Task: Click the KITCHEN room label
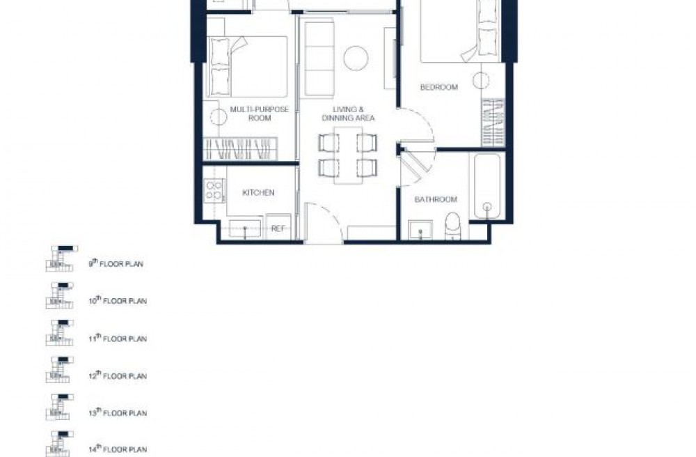click(x=258, y=193)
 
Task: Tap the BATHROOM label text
click(x=436, y=199)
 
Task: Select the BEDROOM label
click(x=438, y=87)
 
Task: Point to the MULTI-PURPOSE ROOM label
click(x=259, y=114)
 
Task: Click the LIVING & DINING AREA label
click(x=349, y=114)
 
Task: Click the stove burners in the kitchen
click(x=214, y=190)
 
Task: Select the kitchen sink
click(x=244, y=228)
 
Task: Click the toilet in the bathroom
click(x=452, y=226)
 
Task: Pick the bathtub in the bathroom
click(x=487, y=186)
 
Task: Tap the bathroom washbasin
click(x=420, y=230)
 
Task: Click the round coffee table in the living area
click(x=356, y=59)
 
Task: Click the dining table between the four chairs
click(x=348, y=155)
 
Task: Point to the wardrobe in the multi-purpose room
click(x=240, y=149)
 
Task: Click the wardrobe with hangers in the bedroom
click(x=493, y=123)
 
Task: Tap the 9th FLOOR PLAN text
click(x=116, y=263)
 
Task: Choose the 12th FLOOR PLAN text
click(x=118, y=375)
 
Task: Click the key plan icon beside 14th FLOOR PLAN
click(x=59, y=444)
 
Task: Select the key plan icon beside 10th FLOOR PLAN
click(x=59, y=295)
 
